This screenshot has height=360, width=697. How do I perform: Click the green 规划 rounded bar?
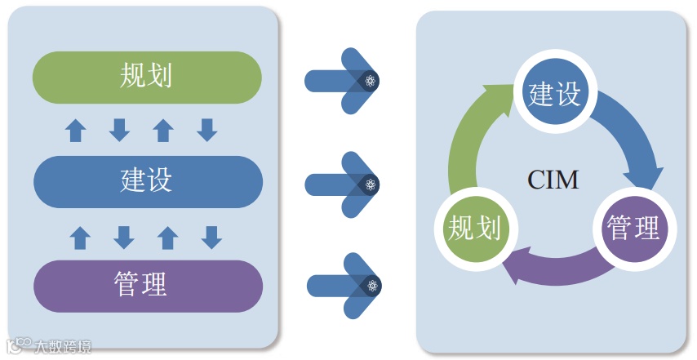coord(147,78)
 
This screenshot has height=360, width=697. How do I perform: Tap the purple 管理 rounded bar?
coord(147,286)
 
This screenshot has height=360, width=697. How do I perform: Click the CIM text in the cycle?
coord(553,180)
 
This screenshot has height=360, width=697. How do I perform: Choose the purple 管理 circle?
coord(634,228)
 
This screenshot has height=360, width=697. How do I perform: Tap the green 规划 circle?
coord(474,228)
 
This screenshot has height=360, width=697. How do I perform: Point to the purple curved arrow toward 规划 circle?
coord(555,273)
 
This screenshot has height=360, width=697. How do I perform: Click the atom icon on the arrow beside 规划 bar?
coord(371,80)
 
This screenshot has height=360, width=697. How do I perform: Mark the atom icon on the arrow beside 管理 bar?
coord(372,285)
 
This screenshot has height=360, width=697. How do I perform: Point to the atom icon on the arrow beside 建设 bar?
coord(371,184)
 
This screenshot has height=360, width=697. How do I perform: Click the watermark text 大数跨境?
coord(61,346)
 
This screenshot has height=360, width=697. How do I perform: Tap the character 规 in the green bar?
coord(133,78)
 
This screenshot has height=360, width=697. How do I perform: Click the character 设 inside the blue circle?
coord(567,95)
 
